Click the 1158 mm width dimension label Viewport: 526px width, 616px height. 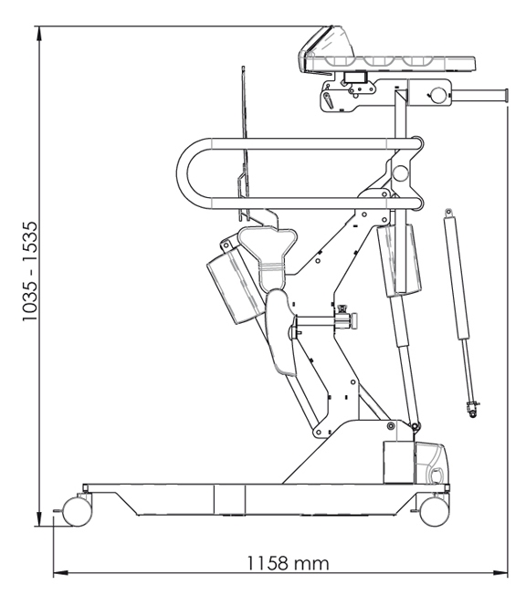coord(288,563)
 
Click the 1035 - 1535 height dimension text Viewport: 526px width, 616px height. coord(30,271)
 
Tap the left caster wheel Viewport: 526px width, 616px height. coord(77,511)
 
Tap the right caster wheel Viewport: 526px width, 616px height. coord(435,511)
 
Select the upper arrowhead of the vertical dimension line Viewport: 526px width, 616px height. coord(38,34)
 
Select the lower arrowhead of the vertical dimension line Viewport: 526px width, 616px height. coord(38,518)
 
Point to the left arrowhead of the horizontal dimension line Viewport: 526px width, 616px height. coord(61,573)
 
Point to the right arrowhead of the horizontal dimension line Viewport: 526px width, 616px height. coord(500,573)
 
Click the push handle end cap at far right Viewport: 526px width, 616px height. coord(506,95)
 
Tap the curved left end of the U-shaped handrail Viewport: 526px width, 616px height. coord(184,172)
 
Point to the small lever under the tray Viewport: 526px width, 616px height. coord(328,101)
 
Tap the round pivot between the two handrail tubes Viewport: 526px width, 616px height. coord(400,172)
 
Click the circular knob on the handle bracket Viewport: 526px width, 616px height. coord(437,94)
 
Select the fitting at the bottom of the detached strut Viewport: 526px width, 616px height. coord(472,409)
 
